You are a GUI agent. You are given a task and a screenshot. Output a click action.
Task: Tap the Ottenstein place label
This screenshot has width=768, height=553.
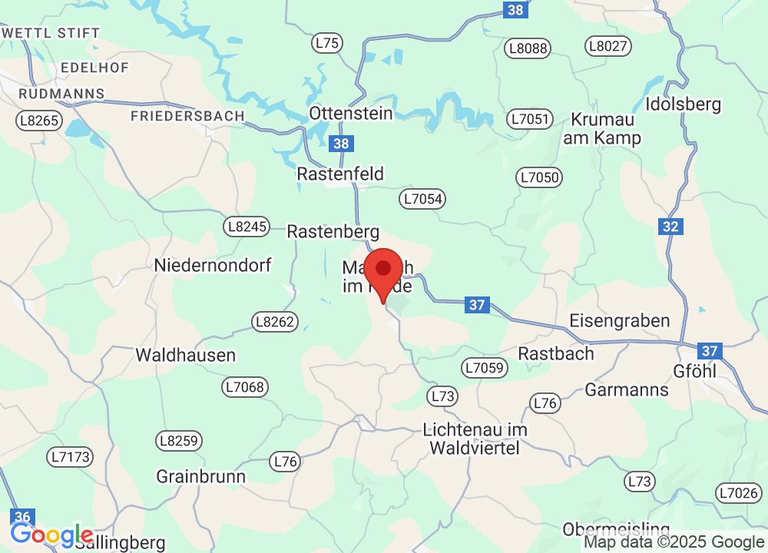[351, 113]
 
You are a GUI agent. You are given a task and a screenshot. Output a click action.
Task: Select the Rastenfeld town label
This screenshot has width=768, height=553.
[340, 174]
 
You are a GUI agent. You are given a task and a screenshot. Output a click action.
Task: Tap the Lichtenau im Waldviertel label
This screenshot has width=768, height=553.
[475, 439]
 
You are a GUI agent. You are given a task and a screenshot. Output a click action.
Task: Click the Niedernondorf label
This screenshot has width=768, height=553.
[213, 266]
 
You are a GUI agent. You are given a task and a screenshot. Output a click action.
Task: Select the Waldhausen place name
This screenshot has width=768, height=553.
[185, 356]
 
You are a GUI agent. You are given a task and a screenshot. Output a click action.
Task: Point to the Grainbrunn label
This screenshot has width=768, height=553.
[201, 476]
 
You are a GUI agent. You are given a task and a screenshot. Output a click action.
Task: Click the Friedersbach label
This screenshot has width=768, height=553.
[187, 116]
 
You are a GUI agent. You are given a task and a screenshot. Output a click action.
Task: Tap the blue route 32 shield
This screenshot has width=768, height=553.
[670, 227]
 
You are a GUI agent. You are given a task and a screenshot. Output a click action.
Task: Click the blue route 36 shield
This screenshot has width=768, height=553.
[22, 517]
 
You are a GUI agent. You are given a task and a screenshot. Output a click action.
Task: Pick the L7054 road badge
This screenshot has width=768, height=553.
[422, 200]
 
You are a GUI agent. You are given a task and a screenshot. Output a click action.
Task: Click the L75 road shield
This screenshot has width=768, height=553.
[327, 44]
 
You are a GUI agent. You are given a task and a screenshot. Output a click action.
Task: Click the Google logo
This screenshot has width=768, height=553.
[52, 535]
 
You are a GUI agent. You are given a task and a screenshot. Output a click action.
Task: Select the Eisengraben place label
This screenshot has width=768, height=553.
[619, 320]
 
